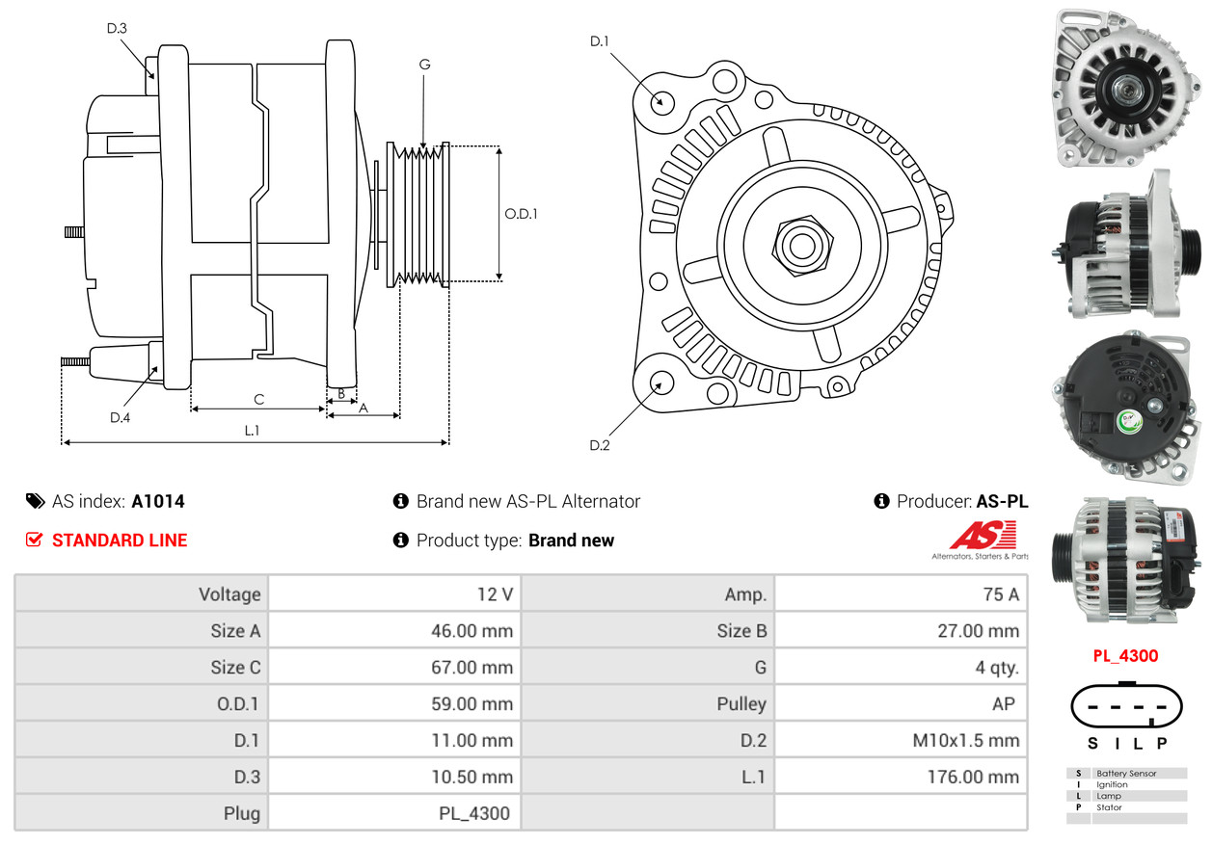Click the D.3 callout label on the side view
(117, 28)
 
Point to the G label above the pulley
(424, 65)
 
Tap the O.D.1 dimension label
(522, 214)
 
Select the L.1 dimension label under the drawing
(252, 431)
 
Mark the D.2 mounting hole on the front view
(660, 382)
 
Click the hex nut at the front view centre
(799, 245)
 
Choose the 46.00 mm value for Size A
(471, 631)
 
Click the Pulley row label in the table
(741, 704)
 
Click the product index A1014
(158, 501)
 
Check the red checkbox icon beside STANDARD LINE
(35, 541)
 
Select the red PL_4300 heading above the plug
(1125, 656)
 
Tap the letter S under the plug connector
(1092, 743)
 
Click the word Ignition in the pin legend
(1112, 785)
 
